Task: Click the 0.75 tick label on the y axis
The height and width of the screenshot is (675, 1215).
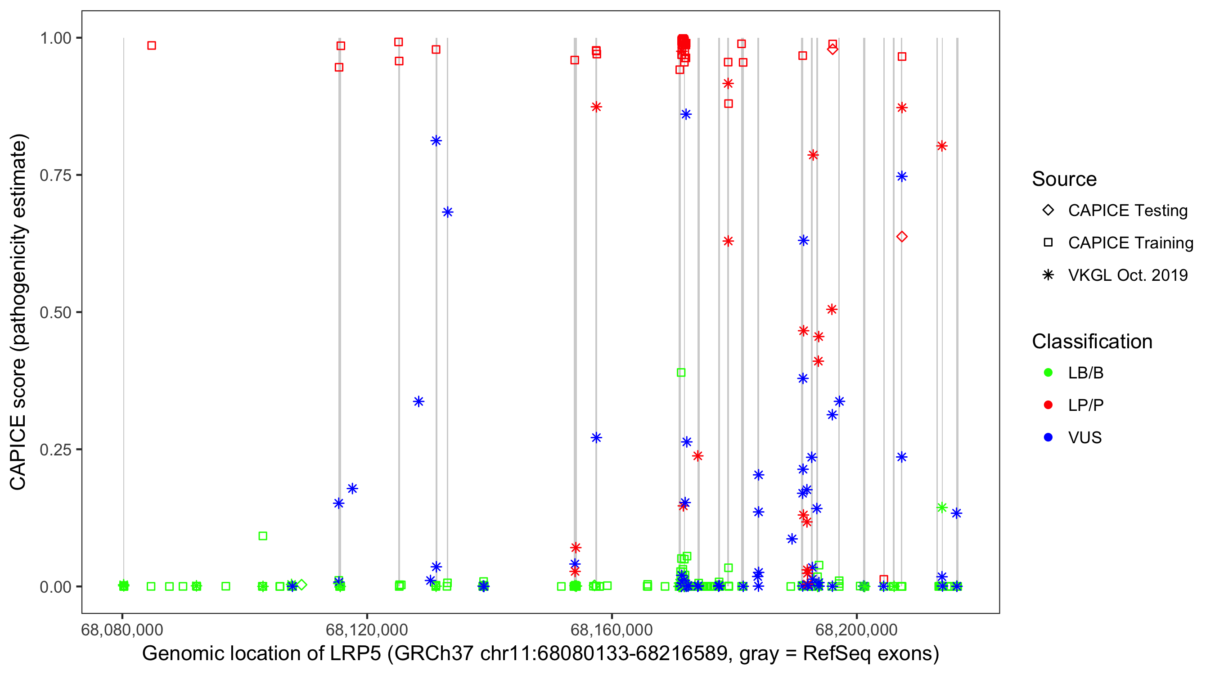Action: [55, 175]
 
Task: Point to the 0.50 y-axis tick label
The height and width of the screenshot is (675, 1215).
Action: [55, 312]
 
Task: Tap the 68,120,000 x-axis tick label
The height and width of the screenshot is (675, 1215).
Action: [366, 630]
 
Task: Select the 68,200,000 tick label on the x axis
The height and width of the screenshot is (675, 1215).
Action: [856, 630]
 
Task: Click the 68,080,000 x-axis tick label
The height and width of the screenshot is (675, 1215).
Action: [122, 630]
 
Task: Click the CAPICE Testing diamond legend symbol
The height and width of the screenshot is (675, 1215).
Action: [1048, 210]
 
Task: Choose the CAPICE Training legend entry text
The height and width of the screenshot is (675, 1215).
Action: [1130, 243]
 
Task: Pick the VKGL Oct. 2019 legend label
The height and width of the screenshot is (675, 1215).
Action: [1127, 275]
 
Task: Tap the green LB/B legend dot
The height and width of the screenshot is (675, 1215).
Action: [1048, 373]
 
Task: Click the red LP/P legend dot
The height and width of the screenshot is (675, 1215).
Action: [1048, 405]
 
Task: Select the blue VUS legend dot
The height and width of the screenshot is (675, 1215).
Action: [1048, 437]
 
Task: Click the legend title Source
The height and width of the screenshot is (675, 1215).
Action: [1064, 179]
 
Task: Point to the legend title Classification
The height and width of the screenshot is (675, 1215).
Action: [1092, 342]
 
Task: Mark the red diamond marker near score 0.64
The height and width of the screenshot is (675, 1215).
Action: [901, 237]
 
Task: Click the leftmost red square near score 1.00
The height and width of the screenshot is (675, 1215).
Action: [151, 46]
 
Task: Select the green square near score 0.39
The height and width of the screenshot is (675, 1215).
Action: [680, 373]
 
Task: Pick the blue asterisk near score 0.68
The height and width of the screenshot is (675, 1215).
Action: [447, 212]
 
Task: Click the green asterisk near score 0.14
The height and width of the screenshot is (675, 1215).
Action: [941, 508]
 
